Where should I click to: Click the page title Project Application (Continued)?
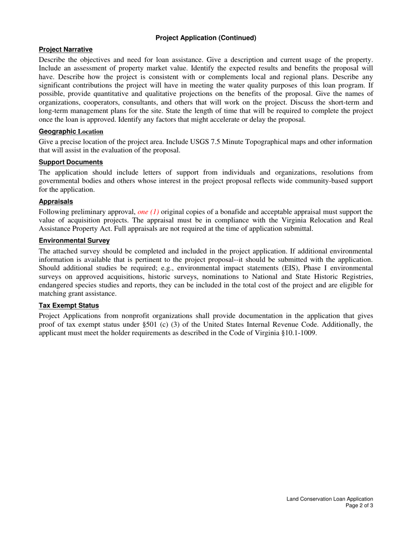pos(206,38)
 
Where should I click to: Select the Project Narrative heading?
pos(65,50)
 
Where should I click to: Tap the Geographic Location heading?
pos(71,131)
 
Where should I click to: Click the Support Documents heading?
pos(71,162)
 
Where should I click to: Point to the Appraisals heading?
pos(56,201)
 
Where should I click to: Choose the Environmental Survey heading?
pos(74,240)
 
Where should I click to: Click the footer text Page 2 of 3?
pos(359,505)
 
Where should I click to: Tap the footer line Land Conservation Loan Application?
pos(330,499)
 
